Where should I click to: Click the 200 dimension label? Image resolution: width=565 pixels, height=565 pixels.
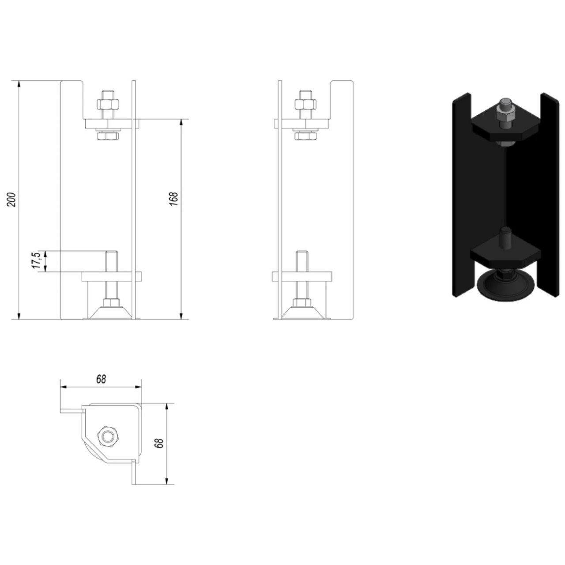13,200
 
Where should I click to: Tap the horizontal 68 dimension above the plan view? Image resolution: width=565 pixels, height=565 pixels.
101,379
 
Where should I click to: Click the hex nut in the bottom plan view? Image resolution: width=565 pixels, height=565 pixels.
107,437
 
